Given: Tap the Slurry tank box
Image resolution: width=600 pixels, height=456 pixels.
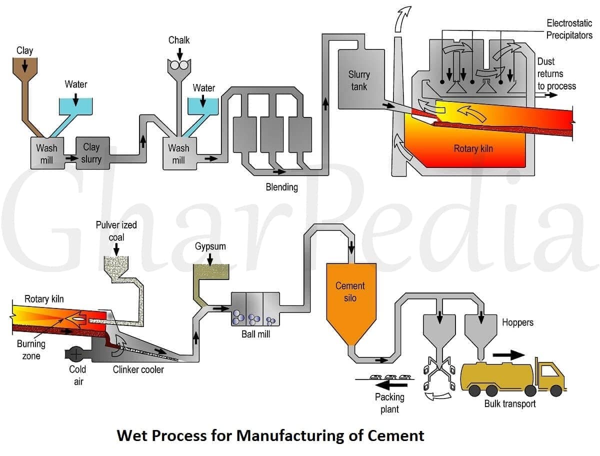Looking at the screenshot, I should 358,80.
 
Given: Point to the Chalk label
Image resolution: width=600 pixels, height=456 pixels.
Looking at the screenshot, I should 178,40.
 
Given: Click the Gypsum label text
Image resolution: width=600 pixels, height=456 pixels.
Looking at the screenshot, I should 210,246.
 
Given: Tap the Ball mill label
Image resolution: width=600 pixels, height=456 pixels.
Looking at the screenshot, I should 255,334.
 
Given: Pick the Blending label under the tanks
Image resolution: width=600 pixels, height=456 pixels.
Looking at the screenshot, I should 281,187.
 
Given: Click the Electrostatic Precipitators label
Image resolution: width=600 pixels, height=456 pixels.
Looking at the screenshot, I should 569,29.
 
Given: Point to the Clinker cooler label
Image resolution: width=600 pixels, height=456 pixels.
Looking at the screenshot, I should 138,370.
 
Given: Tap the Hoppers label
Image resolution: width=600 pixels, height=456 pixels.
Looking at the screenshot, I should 517,322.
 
